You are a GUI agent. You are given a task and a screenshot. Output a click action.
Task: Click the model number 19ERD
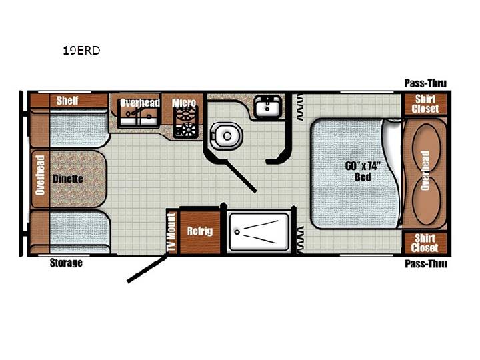point(81,51)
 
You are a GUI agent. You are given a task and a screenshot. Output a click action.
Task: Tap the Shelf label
point(67,101)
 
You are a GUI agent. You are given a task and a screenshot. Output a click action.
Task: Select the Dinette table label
point(68,179)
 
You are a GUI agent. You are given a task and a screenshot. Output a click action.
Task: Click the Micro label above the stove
point(184,103)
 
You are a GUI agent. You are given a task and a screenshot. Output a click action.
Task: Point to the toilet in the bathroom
point(226,136)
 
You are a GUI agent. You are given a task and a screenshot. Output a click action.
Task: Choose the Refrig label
point(200,231)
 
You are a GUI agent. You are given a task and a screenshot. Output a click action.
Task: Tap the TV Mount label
point(171,232)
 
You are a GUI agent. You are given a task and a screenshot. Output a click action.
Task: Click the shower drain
point(237,233)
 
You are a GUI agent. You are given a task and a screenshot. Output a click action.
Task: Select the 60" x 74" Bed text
point(363,171)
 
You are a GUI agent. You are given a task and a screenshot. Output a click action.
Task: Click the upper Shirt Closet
point(425,104)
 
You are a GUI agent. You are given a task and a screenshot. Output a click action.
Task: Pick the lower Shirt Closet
point(425,243)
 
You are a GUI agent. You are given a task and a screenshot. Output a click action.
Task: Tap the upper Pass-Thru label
point(425,83)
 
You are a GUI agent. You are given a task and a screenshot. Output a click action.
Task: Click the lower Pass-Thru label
point(426,263)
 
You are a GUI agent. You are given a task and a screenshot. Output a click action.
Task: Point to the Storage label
point(66,263)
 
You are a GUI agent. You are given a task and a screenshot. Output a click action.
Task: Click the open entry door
point(147,269)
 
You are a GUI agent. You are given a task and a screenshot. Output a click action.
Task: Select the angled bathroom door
point(241,176)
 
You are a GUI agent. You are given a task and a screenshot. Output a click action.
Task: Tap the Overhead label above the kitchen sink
point(139,103)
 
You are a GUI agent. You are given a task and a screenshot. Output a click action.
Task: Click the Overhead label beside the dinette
point(40,175)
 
